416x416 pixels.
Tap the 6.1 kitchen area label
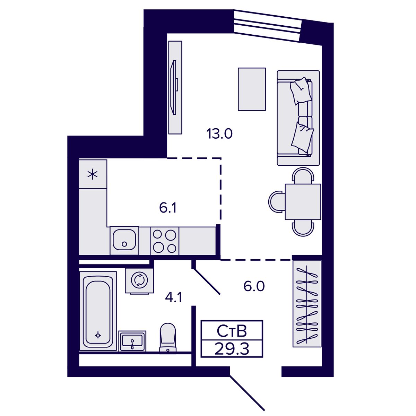[168, 208]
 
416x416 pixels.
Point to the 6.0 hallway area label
[254, 286]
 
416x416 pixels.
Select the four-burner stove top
[165, 241]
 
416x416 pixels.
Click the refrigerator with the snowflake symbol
[93, 174]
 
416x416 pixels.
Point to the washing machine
[139, 281]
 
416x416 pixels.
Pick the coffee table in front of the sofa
[252, 89]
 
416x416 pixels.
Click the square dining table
[303, 202]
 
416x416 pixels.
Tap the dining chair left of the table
[277, 202]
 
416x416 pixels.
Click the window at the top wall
[268, 25]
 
